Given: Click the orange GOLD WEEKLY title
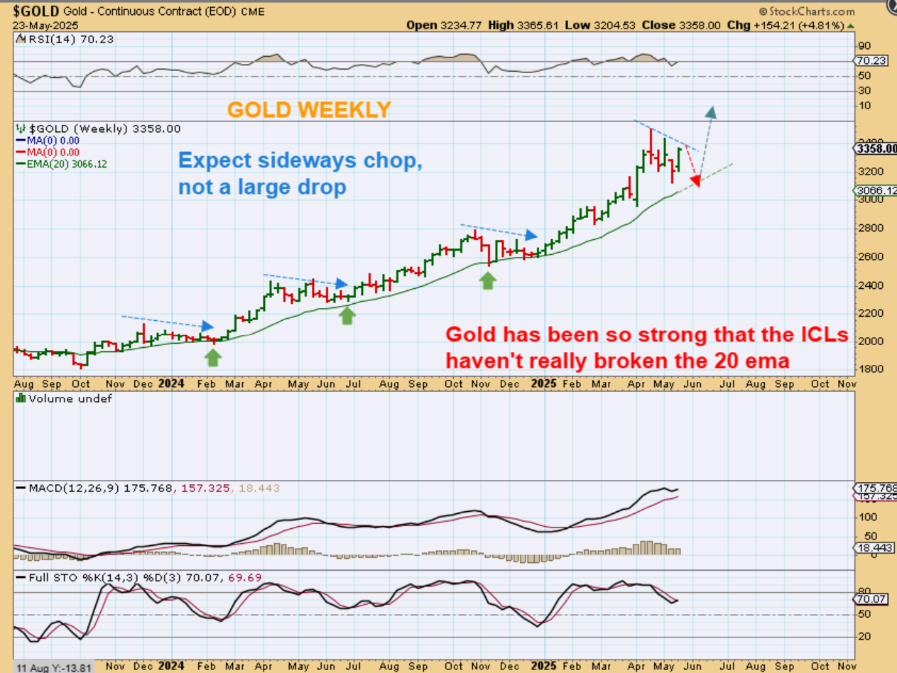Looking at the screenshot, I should tap(309, 109).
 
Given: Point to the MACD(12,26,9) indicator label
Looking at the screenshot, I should tap(75, 488).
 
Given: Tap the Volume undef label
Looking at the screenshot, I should tap(69, 399).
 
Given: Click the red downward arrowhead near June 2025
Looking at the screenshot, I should tap(695, 182).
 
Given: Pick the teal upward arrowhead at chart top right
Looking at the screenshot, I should tap(712, 111).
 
